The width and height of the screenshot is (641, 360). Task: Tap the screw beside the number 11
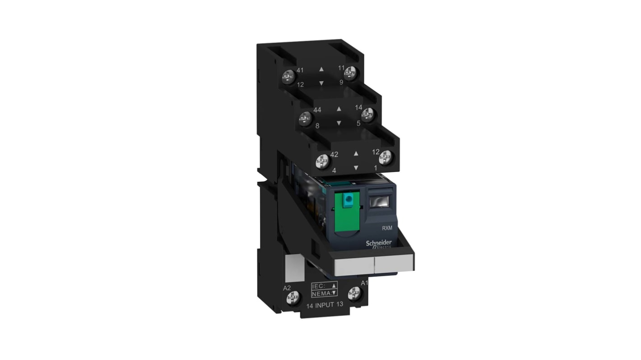350,72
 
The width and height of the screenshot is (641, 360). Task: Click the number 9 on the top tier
341,82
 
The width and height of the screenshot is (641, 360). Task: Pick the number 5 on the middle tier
358,122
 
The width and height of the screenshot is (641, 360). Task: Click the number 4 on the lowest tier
334,171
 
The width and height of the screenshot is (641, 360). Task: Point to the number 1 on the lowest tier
375,167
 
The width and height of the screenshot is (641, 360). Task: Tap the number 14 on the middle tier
358,107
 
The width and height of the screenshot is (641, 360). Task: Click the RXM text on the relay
387,228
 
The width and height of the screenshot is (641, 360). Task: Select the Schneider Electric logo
379,244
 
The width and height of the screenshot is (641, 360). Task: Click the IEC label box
324,286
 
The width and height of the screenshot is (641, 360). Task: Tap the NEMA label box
324,294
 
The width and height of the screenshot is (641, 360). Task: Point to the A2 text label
286,288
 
